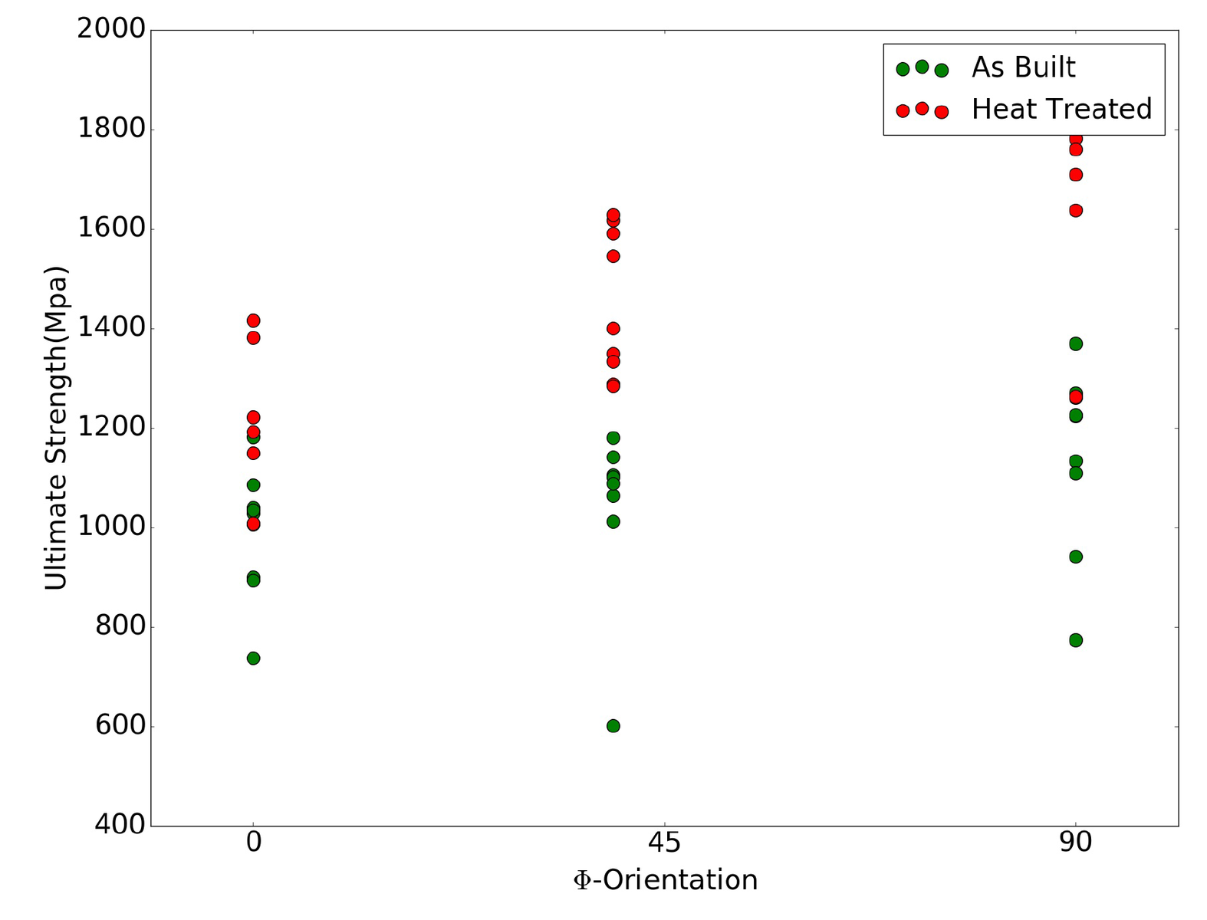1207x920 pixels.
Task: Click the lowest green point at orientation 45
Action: pos(613,726)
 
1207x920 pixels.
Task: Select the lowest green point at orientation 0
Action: pos(253,659)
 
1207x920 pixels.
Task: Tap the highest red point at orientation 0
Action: pos(253,320)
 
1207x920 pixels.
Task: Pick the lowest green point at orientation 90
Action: pos(1075,640)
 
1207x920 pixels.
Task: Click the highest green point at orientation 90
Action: pos(1075,343)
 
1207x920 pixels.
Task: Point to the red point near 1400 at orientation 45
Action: pos(613,329)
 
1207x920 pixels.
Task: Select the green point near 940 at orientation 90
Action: pos(1075,557)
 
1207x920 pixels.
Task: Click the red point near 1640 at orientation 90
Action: pos(1075,210)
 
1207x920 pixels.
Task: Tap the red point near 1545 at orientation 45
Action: pos(613,256)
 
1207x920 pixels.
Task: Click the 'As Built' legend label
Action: pos(1023,67)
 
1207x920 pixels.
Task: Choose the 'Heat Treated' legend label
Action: pos(1061,109)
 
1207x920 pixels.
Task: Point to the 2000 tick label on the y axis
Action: pos(111,29)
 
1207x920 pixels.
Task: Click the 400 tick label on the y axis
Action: pos(120,825)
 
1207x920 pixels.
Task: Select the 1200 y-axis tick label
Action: pos(111,427)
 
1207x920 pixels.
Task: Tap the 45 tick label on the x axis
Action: pos(664,843)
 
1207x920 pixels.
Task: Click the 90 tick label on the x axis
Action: pos(1075,843)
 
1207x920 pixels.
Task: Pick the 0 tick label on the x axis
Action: pos(253,843)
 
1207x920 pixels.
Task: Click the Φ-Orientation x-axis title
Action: pos(665,880)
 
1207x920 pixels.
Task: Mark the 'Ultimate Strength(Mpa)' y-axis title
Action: pos(56,428)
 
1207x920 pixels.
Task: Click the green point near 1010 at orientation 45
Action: pos(613,522)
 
